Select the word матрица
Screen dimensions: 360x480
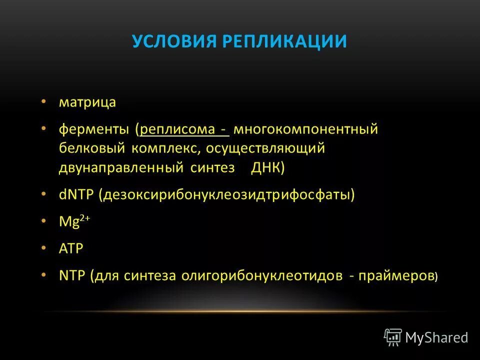[87, 102]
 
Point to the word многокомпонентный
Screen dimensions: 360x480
[305, 129]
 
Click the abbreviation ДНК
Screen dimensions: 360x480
[267, 168]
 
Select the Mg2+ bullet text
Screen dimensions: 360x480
[73, 221]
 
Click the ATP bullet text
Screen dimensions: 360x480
[71, 248]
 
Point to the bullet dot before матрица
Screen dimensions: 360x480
[44, 101]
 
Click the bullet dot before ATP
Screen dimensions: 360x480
[44, 247]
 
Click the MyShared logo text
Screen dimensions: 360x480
[436, 338]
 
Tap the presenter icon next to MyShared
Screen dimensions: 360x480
[393, 337]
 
